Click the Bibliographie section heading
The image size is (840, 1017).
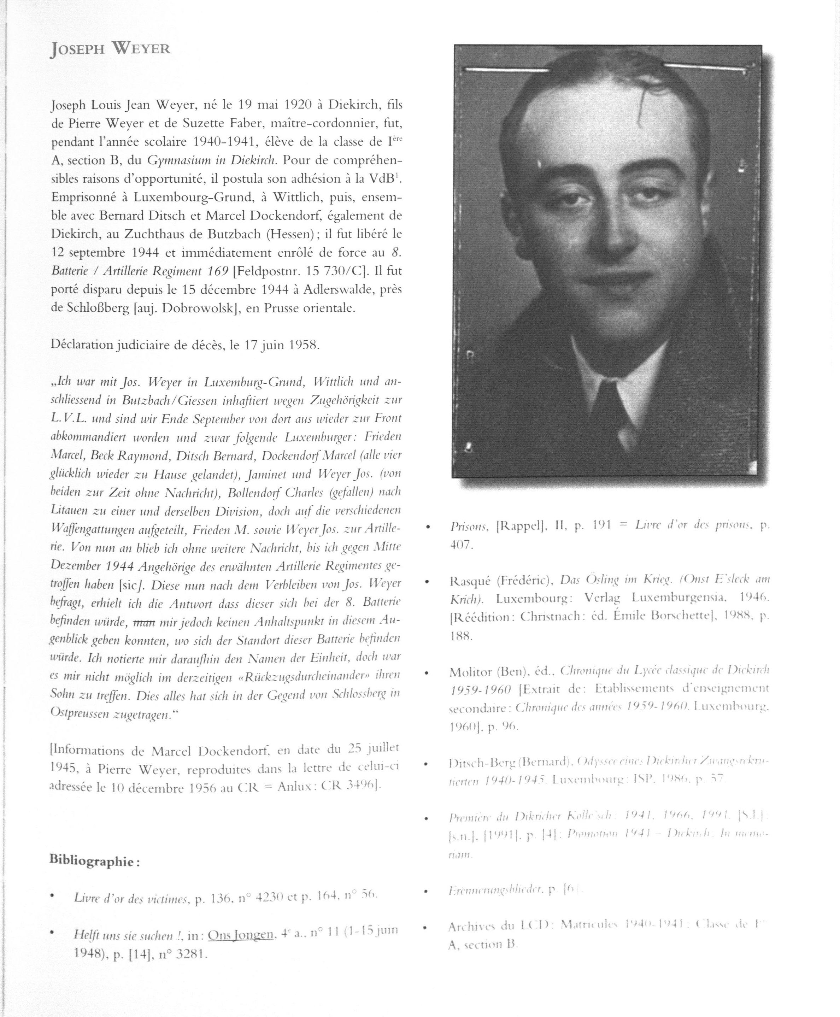coord(94,861)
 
